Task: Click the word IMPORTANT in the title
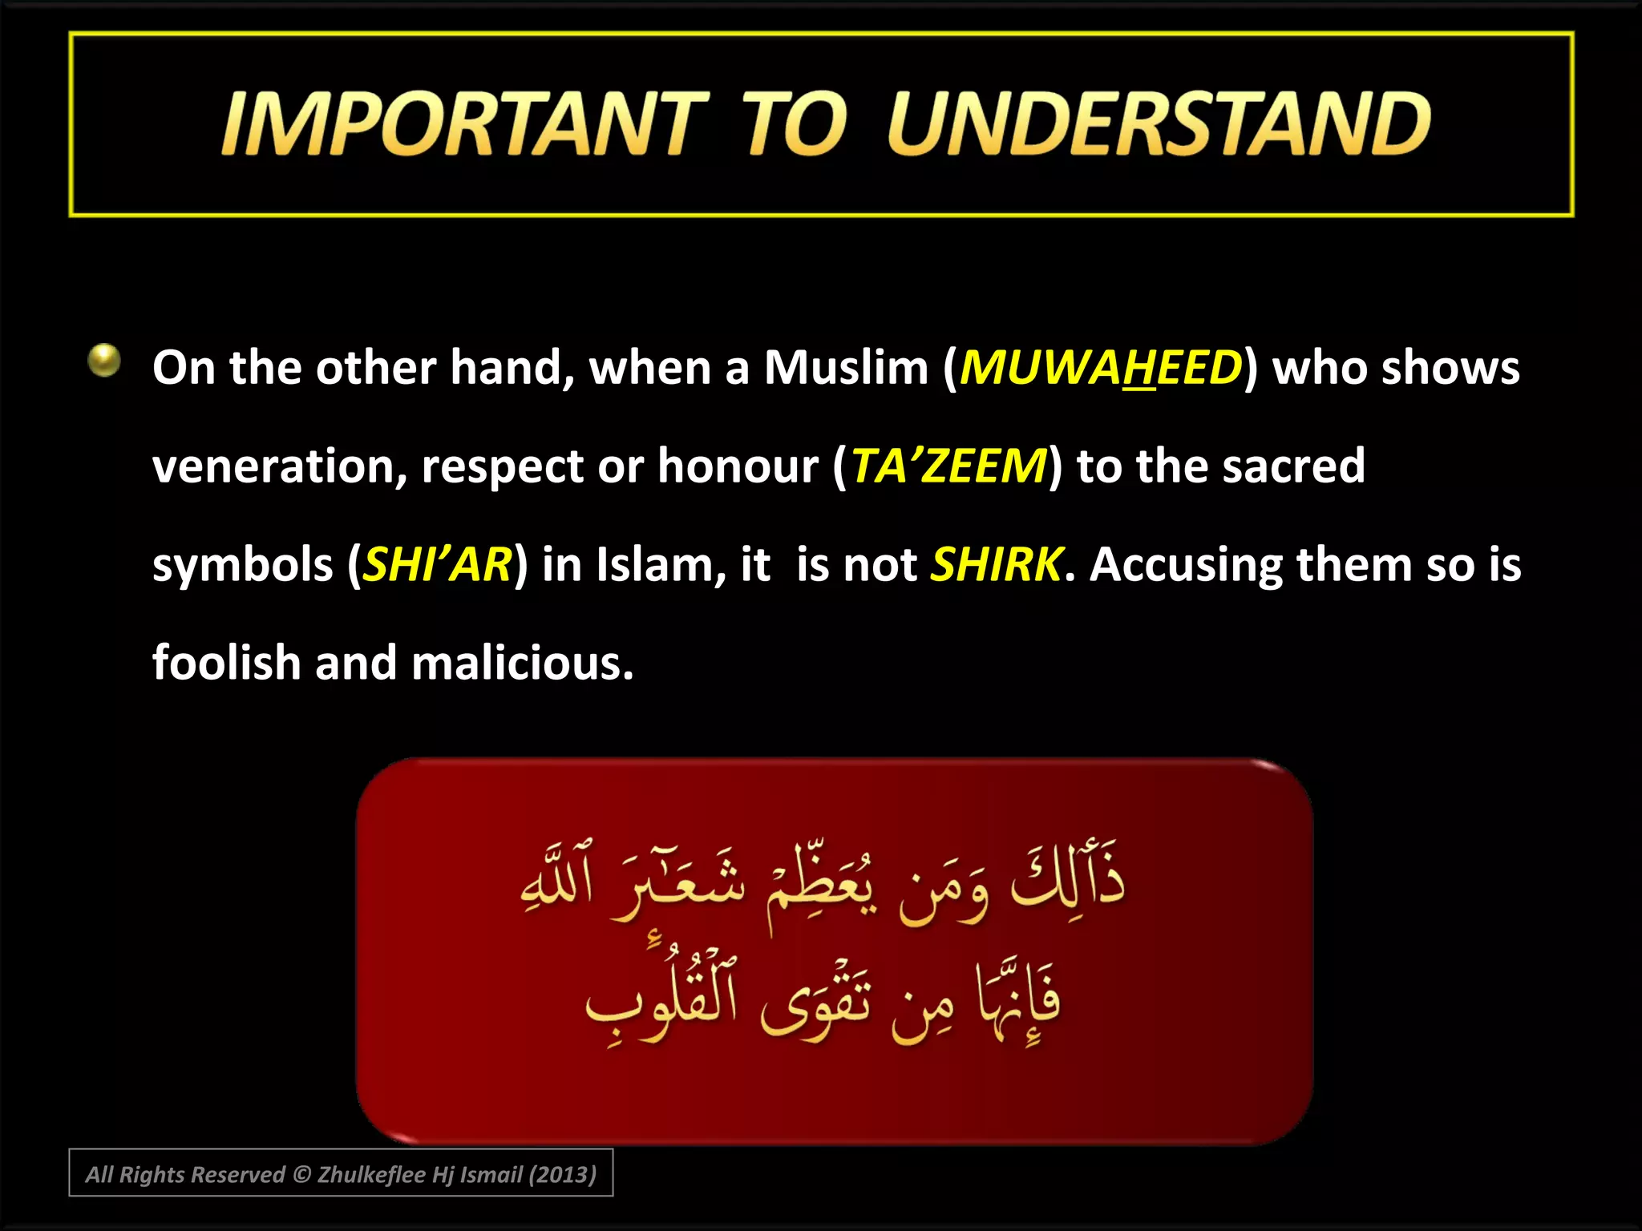(465, 124)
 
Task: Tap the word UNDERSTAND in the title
(1159, 124)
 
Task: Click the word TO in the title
(794, 124)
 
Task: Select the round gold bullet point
(104, 361)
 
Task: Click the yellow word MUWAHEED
(1101, 369)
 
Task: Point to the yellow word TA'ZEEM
(948, 467)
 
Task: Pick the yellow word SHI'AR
(438, 565)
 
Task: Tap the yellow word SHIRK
(997, 565)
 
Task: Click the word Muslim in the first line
(846, 369)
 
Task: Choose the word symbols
(243, 565)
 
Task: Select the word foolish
(226, 664)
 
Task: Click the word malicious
(521, 664)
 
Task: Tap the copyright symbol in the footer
(301, 1175)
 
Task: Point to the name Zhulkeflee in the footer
(371, 1175)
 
